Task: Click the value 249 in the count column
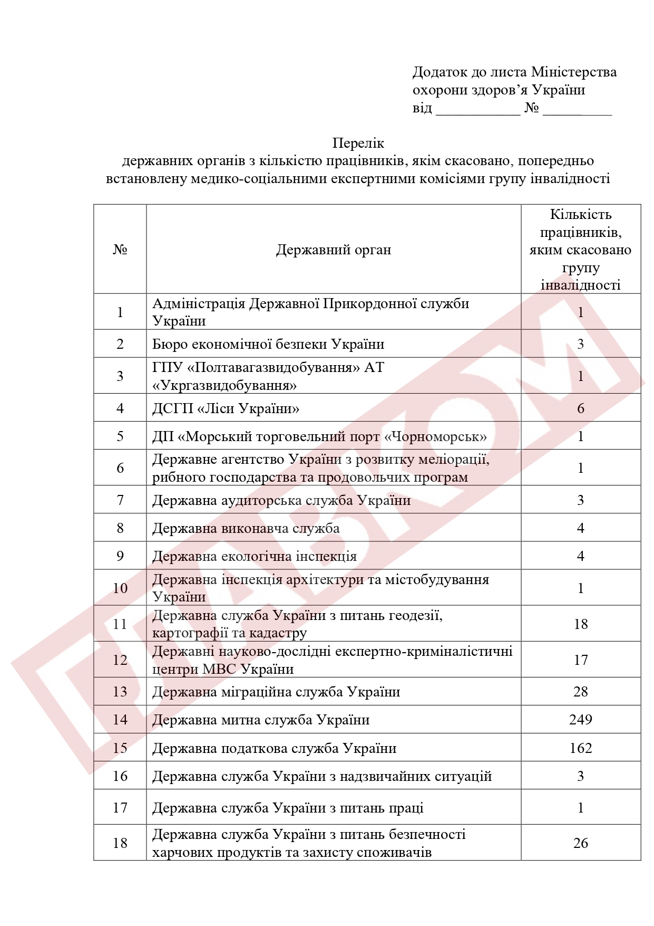(580, 720)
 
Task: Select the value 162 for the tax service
(580, 748)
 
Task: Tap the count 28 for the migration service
(580, 692)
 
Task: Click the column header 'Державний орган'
(333, 250)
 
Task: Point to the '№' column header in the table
(120, 250)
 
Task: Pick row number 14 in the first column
(120, 720)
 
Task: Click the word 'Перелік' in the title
(358, 143)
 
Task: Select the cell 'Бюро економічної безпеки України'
(268, 344)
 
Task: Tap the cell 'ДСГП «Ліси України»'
(226, 408)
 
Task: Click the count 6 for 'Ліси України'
(580, 408)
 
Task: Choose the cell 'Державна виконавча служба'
(246, 528)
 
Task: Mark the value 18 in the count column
(580, 624)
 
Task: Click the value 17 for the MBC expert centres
(580, 660)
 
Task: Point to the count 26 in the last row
(580, 843)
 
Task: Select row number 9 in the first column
(120, 556)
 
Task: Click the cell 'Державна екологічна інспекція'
(254, 556)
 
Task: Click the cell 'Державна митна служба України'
(261, 720)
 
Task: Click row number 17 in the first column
(120, 808)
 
